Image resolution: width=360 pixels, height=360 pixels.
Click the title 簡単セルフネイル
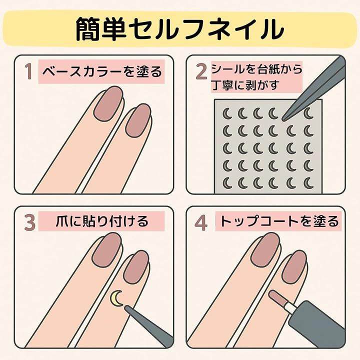180,29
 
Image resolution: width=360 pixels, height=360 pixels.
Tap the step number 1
28,71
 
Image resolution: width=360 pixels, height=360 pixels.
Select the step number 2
201,71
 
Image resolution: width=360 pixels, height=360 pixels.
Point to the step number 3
30,222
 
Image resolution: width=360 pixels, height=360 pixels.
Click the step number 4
201,222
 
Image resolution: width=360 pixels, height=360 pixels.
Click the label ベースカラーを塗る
102,71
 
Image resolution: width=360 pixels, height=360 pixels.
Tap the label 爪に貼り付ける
102,221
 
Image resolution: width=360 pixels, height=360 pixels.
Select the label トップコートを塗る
279,221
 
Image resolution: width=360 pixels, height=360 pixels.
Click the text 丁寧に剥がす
245,84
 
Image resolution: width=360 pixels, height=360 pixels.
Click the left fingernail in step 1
109,103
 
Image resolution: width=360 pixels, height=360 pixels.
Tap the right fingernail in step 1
138,120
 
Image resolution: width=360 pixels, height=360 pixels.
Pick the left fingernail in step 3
107,250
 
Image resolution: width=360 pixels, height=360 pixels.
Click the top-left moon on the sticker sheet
227,113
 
